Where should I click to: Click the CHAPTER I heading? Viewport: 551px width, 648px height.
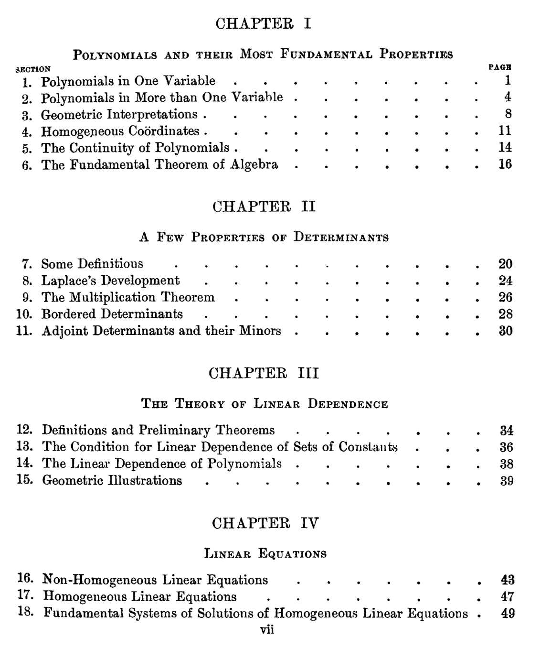pos(264,23)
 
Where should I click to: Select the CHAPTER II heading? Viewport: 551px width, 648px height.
pos(264,206)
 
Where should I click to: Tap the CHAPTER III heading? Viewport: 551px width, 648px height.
pos(264,373)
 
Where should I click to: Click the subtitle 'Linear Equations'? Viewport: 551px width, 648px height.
pos(265,554)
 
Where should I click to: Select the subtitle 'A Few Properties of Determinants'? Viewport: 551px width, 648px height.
pos(264,237)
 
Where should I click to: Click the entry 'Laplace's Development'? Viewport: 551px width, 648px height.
pos(110,281)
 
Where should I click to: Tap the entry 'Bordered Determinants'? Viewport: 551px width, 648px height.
pos(112,314)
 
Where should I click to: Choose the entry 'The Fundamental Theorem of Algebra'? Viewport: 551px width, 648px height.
pos(159,164)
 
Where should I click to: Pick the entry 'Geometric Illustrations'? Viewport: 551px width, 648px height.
pos(112,480)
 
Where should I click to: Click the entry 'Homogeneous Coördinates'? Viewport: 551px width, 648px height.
pos(120,131)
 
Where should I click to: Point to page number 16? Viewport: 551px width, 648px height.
pos(505,164)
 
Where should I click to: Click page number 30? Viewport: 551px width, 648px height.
pos(506,331)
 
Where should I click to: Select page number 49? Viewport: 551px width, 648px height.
pos(508,613)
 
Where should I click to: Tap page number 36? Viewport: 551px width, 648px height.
pos(506,447)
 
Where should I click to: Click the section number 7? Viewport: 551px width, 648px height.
pos(26,264)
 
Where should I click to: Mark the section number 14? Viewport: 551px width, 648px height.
pos(24,464)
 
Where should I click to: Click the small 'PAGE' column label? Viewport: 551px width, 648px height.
pos(500,67)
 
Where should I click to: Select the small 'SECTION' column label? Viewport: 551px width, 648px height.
pos(33,69)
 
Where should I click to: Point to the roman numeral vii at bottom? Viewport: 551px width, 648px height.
pos(267,630)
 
